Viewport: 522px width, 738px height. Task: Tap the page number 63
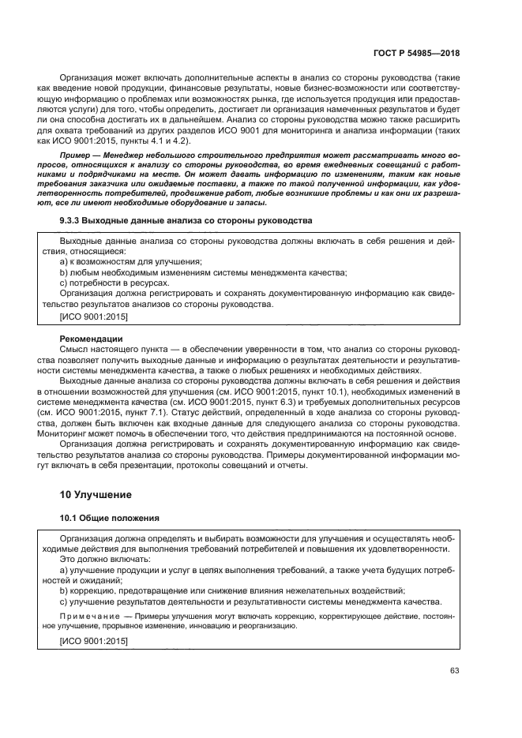(454, 672)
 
